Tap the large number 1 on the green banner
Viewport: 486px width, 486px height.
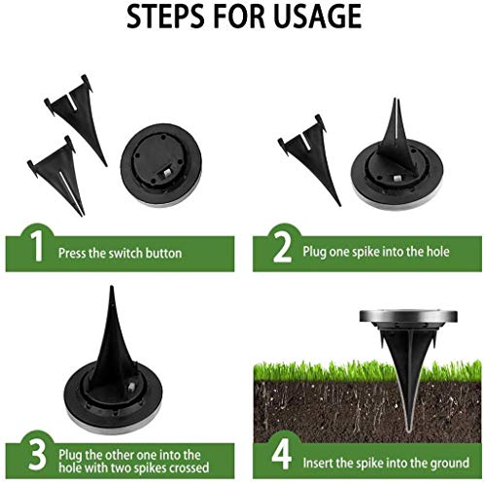click(x=37, y=247)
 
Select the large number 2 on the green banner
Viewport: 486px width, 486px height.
click(x=282, y=247)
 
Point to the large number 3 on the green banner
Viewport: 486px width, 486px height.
click(x=38, y=455)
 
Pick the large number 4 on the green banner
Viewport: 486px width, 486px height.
click(x=281, y=455)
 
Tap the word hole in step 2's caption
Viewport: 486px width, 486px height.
click(x=437, y=252)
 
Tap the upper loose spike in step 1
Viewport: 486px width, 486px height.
click(x=77, y=117)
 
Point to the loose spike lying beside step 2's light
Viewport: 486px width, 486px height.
click(x=309, y=157)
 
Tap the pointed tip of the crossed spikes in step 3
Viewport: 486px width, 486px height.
click(x=112, y=287)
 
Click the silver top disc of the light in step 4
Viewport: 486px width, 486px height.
click(x=408, y=316)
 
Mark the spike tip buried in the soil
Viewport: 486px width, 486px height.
click(x=409, y=429)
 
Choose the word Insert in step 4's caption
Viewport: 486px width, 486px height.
click(x=317, y=463)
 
